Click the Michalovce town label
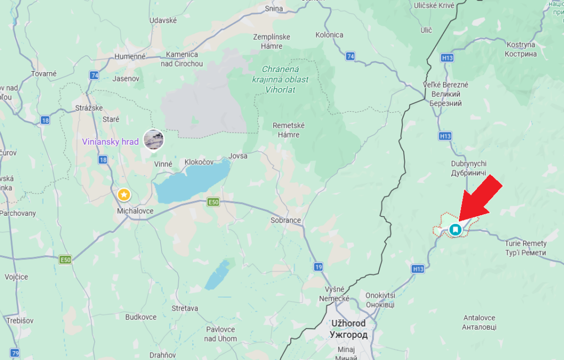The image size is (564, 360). pyautogui.click(x=135, y=211)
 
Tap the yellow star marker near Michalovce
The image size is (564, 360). pyautogui.click(x=124, y=194)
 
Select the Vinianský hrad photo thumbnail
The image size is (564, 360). pyautogui.click(x=154, y=139)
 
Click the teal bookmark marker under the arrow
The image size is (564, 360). pyautogui.click(x=455, y=229)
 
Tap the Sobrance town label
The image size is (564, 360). pyautogui.click(x=286, y=220)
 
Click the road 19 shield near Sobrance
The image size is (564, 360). pyautogui.click(x=318, y=267)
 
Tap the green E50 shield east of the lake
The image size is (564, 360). pyautogui.click(x=213, y=203)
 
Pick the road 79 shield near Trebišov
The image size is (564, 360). pyautogui.click(x=15, y=353)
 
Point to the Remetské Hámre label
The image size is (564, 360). pyautogui.click(x=289, y=130)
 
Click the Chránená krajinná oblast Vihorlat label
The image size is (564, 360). pyautogui.click(x=285, y=79)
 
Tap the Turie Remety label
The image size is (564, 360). pyautogui.click(x=525, y=248)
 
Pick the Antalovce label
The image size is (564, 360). pyautogui.click(x=479, y=322)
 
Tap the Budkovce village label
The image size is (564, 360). pyautogui.click(x=141, y=317)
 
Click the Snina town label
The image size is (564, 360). pyautogui.click(x=274, y=8)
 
